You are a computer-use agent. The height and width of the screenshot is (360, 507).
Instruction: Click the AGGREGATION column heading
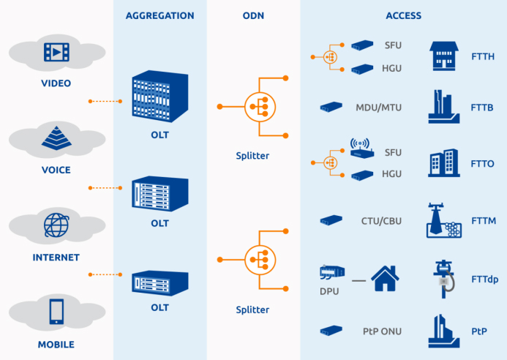(159, 15)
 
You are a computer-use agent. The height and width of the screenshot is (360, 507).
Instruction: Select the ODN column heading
(253, 15)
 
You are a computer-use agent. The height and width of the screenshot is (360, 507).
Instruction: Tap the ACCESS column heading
(403, 15)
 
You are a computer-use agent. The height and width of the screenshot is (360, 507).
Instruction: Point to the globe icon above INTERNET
(56, 225)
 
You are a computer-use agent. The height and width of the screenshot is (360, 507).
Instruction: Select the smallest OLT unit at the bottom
(159, 282)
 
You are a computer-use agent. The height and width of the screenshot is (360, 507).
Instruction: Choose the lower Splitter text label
(252, 310)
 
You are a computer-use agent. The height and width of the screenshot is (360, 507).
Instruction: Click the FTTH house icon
(443, 55)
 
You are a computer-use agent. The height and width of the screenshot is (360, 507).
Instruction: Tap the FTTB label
(482, 108)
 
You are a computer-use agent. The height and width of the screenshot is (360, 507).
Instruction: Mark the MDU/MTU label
(378, 108)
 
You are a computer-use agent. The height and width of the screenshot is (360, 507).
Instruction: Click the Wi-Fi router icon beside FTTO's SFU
(361, 147)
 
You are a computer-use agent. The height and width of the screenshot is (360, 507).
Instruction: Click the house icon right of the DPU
(386, 279)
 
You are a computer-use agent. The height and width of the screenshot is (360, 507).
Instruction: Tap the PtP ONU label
(381, 331)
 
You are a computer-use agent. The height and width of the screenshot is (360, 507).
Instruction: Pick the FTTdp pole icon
(443, 278)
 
